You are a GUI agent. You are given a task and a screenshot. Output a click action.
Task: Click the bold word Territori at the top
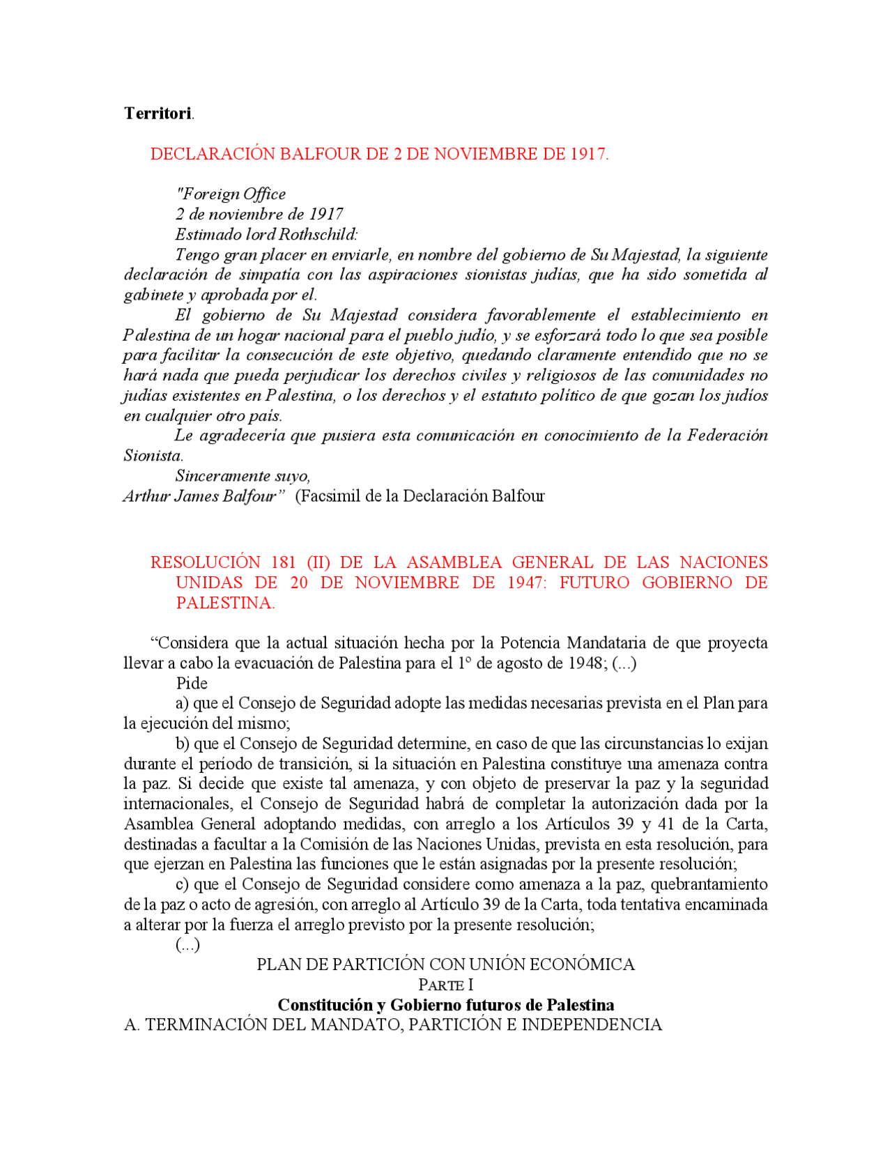coord(157,114)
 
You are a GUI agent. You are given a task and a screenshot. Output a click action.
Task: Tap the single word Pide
coord(192,683)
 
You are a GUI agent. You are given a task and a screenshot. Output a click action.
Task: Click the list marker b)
coord(183,744)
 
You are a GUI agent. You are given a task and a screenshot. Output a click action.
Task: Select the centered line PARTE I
coord(445,985)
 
